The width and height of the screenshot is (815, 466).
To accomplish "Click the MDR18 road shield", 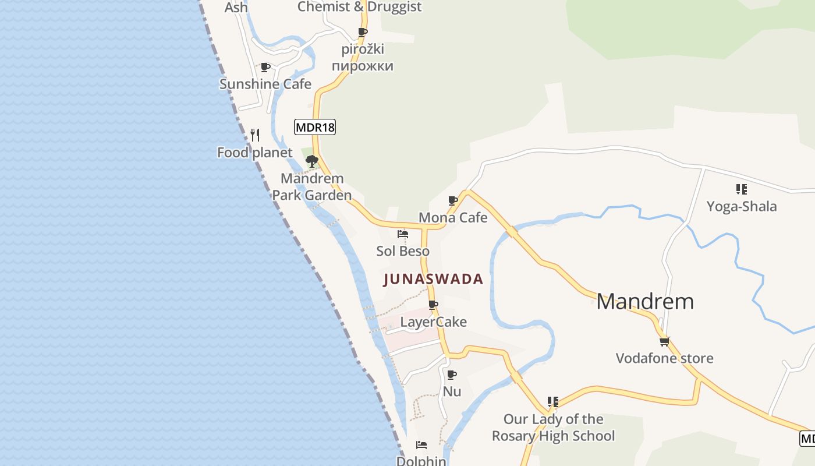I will click(315, 127).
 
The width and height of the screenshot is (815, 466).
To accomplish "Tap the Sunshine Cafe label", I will click(265, 84).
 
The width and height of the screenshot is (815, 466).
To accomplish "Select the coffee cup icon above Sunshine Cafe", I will click(265, 67).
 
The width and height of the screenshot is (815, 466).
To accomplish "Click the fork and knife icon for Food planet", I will click(255, 135).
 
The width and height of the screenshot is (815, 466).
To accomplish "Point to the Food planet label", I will click(254, 153).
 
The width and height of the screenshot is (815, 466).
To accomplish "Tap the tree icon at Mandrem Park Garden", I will click(311, 161).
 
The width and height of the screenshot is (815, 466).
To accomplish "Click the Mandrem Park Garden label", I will click(312, 186).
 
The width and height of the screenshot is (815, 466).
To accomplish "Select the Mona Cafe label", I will click(453, 217).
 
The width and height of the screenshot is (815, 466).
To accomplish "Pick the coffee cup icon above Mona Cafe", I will click(453, 200).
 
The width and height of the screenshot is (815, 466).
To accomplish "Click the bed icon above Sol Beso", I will click(402, 234).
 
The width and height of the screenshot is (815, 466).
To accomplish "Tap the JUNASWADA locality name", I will click(434, 279).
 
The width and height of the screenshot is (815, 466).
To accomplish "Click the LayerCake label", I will click(433, 322).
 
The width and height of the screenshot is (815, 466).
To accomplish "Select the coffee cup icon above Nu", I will click(451, 375).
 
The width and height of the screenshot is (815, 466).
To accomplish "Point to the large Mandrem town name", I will click(645, 301).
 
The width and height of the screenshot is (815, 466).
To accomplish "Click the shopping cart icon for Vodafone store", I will click(664, 341).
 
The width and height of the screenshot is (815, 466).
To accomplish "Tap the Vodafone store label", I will click(664, 358).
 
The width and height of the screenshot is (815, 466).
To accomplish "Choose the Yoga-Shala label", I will click(741, 206).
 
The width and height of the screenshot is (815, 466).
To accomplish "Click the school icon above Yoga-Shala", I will click(741, 189).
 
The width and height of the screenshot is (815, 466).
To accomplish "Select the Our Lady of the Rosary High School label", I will click(553, 427).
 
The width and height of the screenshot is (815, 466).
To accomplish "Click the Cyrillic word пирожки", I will click(363, 66).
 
